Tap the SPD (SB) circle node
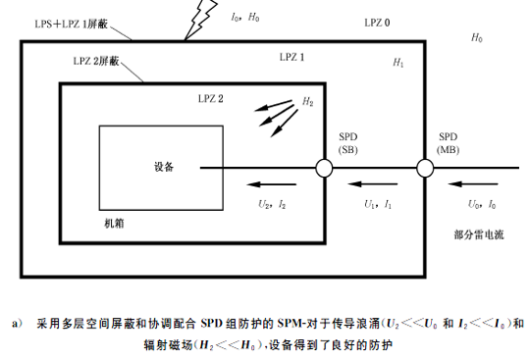323,169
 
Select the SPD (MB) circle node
425,169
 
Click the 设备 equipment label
164,167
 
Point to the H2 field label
308,101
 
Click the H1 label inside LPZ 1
397,63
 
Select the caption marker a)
18,322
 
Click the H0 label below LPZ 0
477,37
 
